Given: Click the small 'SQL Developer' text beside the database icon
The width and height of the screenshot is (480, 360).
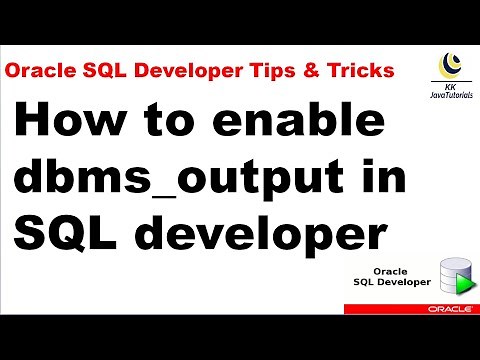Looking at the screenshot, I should pos(392,283).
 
